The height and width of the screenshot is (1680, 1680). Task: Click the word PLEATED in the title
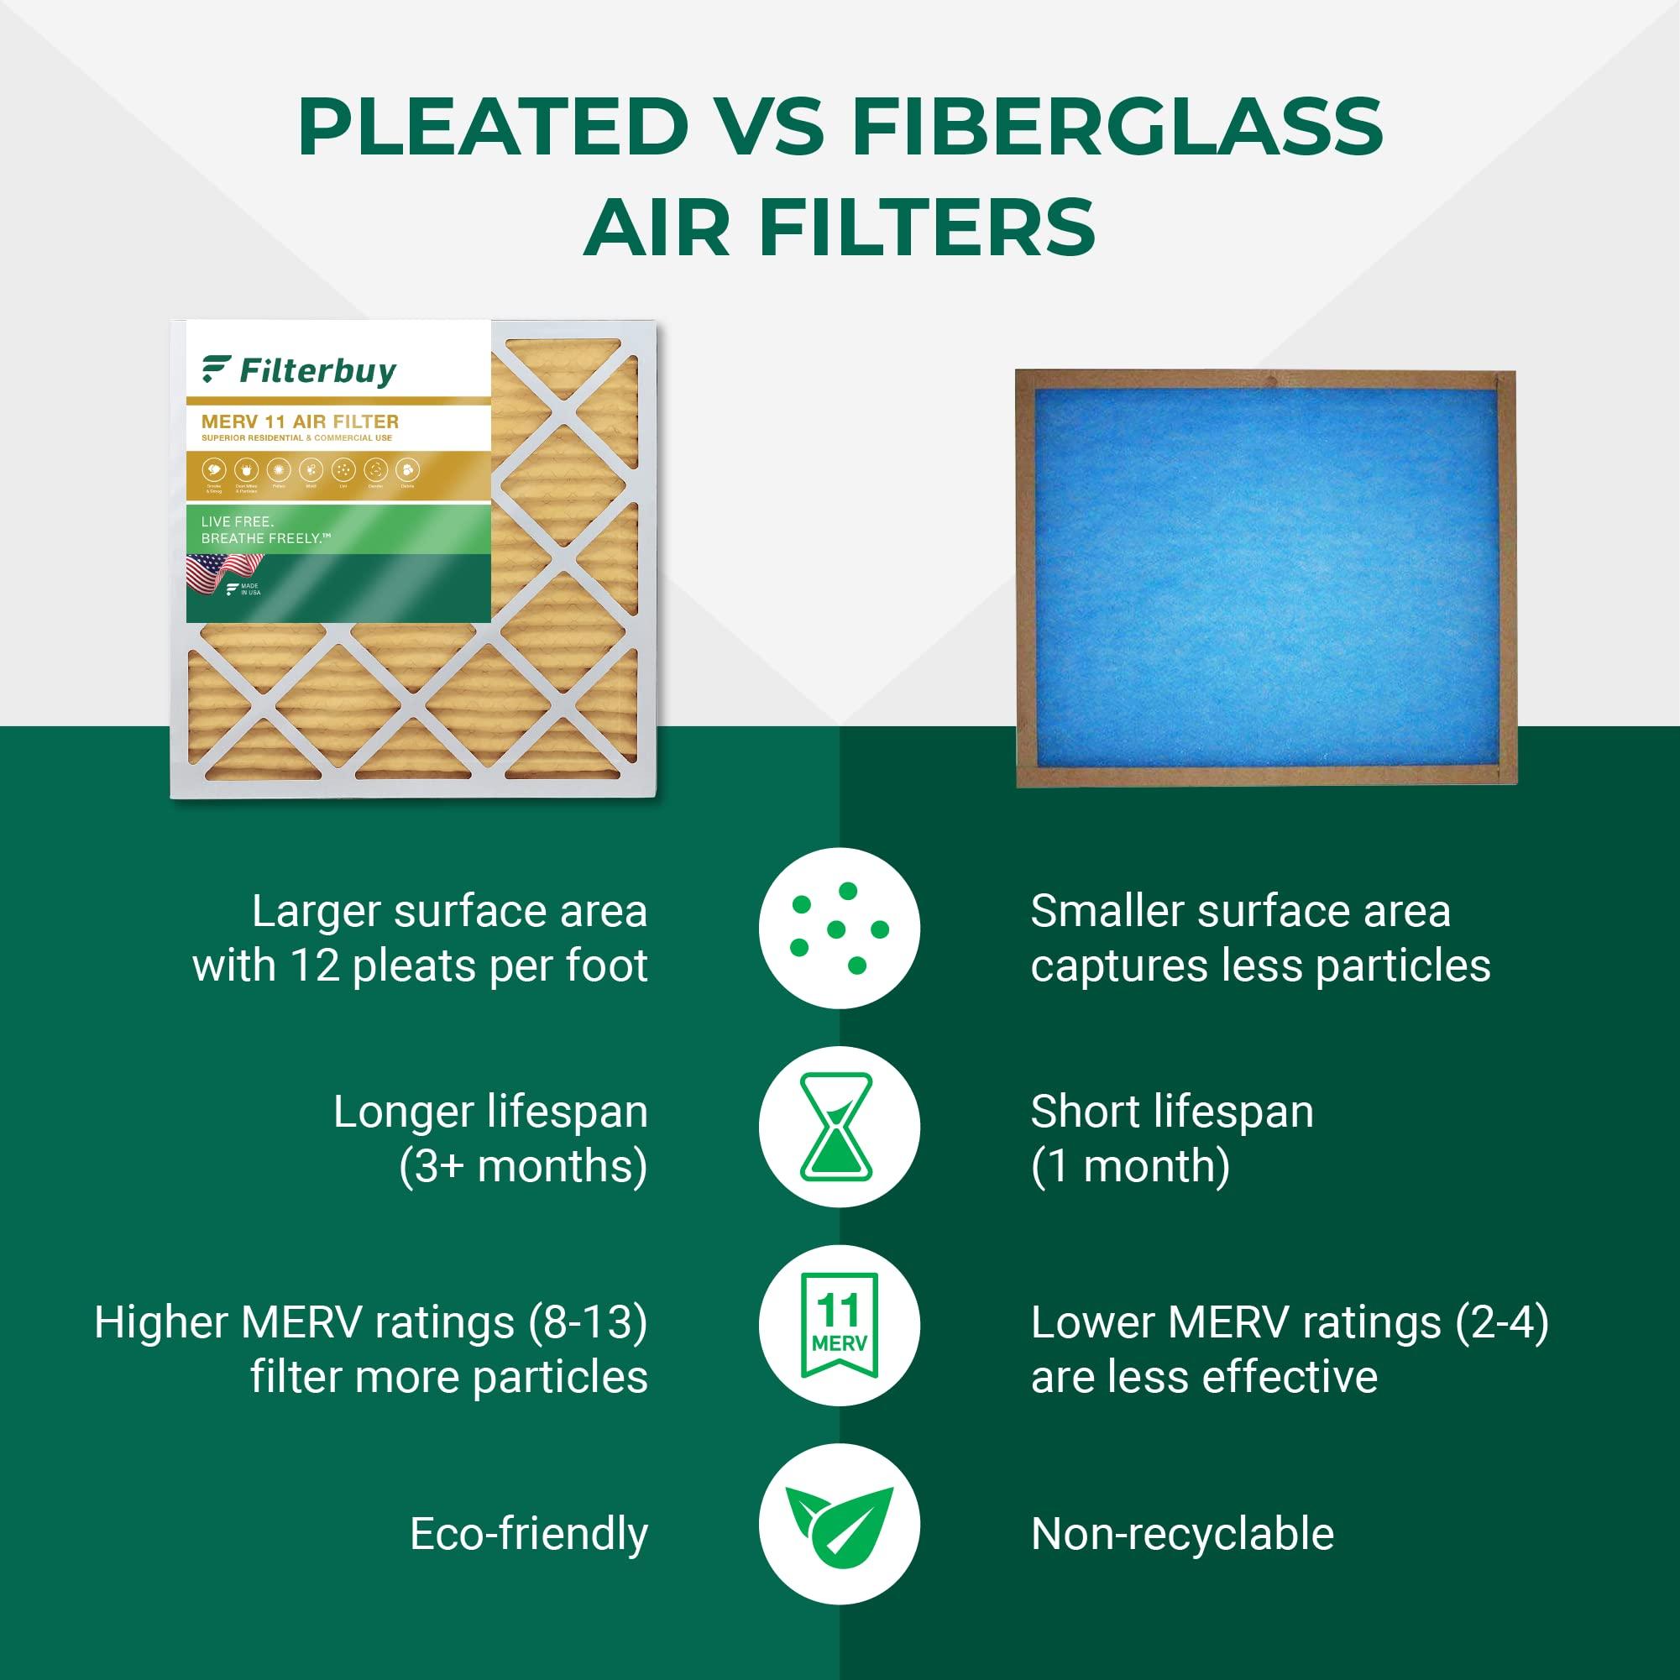click(493, 127)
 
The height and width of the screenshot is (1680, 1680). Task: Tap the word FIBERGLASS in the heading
click(1117, 127)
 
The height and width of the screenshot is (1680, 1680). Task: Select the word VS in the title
click(770, 127)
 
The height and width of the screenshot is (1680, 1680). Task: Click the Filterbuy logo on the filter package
click(300, 370)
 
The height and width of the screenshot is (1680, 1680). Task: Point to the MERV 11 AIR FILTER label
click(300, 421)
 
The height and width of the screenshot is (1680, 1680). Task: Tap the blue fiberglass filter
click(1265, 578)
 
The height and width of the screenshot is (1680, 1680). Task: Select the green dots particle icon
click(839, 928)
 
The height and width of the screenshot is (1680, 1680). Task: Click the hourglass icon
click(839, 1126)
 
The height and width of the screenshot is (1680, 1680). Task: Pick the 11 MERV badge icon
click(839, 1325)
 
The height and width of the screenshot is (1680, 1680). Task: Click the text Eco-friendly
click(529, 1533)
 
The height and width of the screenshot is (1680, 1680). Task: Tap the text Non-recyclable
click(1182, 1533)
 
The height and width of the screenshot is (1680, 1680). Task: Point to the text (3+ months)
click(522, 1166)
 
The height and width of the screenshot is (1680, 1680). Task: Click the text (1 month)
click(1129, 1166)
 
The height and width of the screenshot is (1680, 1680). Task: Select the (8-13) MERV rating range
click(588, 1322)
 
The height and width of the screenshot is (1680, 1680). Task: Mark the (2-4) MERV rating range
click(1502, 1322)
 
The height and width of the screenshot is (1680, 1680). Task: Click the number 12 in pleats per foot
click(315, 966)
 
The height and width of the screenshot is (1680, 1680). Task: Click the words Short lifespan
click(1171, 1112)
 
